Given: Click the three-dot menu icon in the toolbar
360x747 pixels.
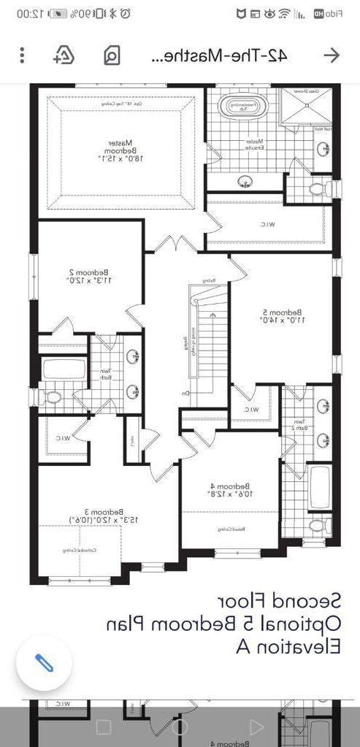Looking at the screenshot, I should point(23,55).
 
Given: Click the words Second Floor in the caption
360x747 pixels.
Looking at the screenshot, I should point(278,600).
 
